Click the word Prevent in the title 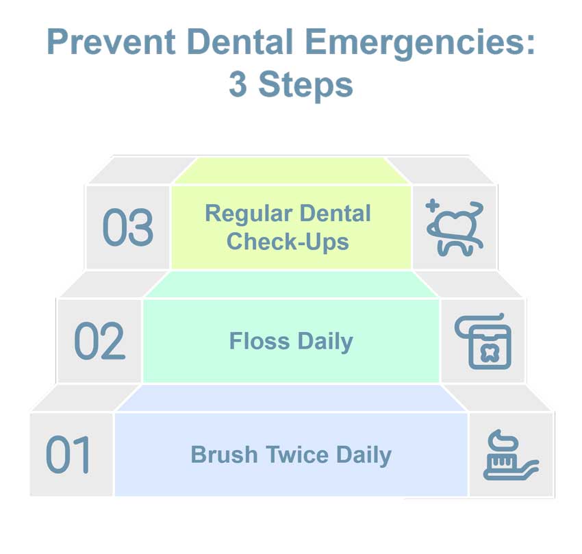(x=111, y=42)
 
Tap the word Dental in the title (x=240, y=42)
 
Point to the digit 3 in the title (x=238, y=85)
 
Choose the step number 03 (x=127, y=227)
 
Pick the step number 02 (x=99, y=340)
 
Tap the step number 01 (x=68, y=454)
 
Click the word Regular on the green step (x=249, y=215)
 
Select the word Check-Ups (x=288, y=242)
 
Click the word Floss (x=260, y=341)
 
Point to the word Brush (x=224, y=455)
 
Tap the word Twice (x=297, y=455)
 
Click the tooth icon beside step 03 (x=455, y=228)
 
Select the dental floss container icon (x=483, y=342)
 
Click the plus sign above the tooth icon (x=433, y=205)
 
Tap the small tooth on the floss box (x=490, y=353)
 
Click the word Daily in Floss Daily (x=325, y=342)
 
